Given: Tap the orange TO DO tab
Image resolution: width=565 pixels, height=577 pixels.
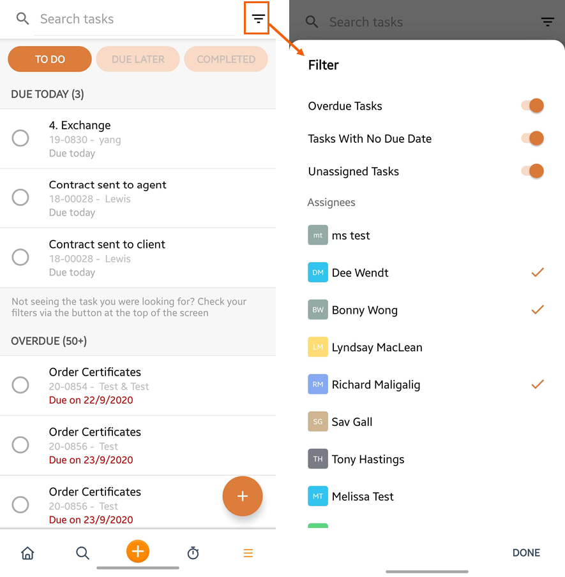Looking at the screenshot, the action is coord(50,59).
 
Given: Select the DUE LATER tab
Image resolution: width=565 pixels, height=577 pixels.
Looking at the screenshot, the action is coord(138,59).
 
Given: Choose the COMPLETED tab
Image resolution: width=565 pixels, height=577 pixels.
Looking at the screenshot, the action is coord(226,59).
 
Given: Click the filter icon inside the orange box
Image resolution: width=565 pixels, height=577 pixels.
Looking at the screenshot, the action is coord(258,18).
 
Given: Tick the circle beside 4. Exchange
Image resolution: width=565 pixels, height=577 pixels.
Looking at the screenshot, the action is coord(20,138).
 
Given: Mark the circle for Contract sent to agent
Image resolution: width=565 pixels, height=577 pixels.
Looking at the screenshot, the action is coord(20,198).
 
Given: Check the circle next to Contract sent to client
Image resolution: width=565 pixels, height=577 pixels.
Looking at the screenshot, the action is coord(20,257).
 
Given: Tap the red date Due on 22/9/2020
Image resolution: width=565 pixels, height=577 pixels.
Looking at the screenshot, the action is coord(91,400).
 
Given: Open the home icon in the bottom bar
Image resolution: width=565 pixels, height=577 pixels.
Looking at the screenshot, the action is coord(27,553).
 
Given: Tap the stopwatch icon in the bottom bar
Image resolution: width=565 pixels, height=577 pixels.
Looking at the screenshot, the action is coord(193,553).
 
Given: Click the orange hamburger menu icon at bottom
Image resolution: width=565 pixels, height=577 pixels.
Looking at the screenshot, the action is coord(248,553).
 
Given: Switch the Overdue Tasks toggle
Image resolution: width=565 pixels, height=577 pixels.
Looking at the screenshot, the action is coord(532,106).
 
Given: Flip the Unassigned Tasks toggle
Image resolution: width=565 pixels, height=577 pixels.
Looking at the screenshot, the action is coord(532,171).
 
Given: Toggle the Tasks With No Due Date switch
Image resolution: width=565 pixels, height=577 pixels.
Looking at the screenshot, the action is coord(532,138).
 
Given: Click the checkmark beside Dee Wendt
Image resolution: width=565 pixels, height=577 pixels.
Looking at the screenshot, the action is coord(538,272).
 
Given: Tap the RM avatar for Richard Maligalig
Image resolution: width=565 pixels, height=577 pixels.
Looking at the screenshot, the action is coord(318,384).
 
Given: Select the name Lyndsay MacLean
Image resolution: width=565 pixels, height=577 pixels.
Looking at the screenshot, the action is coord(377,347).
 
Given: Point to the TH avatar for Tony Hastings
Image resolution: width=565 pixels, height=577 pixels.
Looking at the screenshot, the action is coord(318,459).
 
